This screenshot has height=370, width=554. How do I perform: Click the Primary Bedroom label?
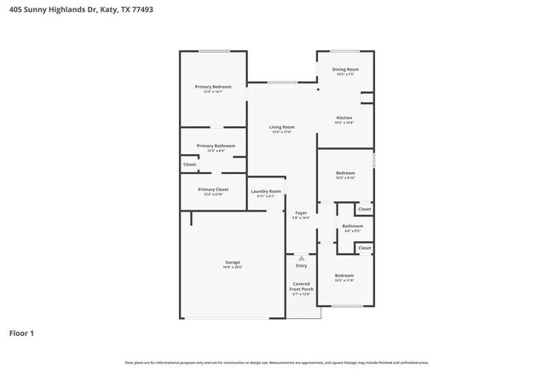(x=213, y=87)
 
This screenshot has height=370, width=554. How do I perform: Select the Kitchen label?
(x=344, y=118)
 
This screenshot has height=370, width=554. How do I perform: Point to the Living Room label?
(x=282, y=127)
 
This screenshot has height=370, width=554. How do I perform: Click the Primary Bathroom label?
(x=215, y=146)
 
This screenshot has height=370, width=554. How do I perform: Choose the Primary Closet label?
(x=213, y=189)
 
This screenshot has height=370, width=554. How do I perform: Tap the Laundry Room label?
(x=266, y=191)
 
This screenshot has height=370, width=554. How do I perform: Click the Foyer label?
(x=301, y=212)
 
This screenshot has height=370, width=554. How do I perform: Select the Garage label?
(x=233, y=263)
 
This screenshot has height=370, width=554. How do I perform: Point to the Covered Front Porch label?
(x=302, y=286)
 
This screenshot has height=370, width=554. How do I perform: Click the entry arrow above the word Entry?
(x=301, y=257)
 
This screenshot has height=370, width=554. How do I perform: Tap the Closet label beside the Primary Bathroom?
(x=189, y=165)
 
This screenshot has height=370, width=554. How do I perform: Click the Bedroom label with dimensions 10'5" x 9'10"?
(x=344, y=173)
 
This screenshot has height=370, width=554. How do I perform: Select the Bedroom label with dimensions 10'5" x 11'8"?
(x=344, y=275)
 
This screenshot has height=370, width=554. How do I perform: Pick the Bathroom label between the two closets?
(x=353, y=226)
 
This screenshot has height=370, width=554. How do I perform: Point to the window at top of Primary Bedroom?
(x=214, y=51)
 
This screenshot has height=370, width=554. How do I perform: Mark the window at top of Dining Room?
(x=344, y=51)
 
